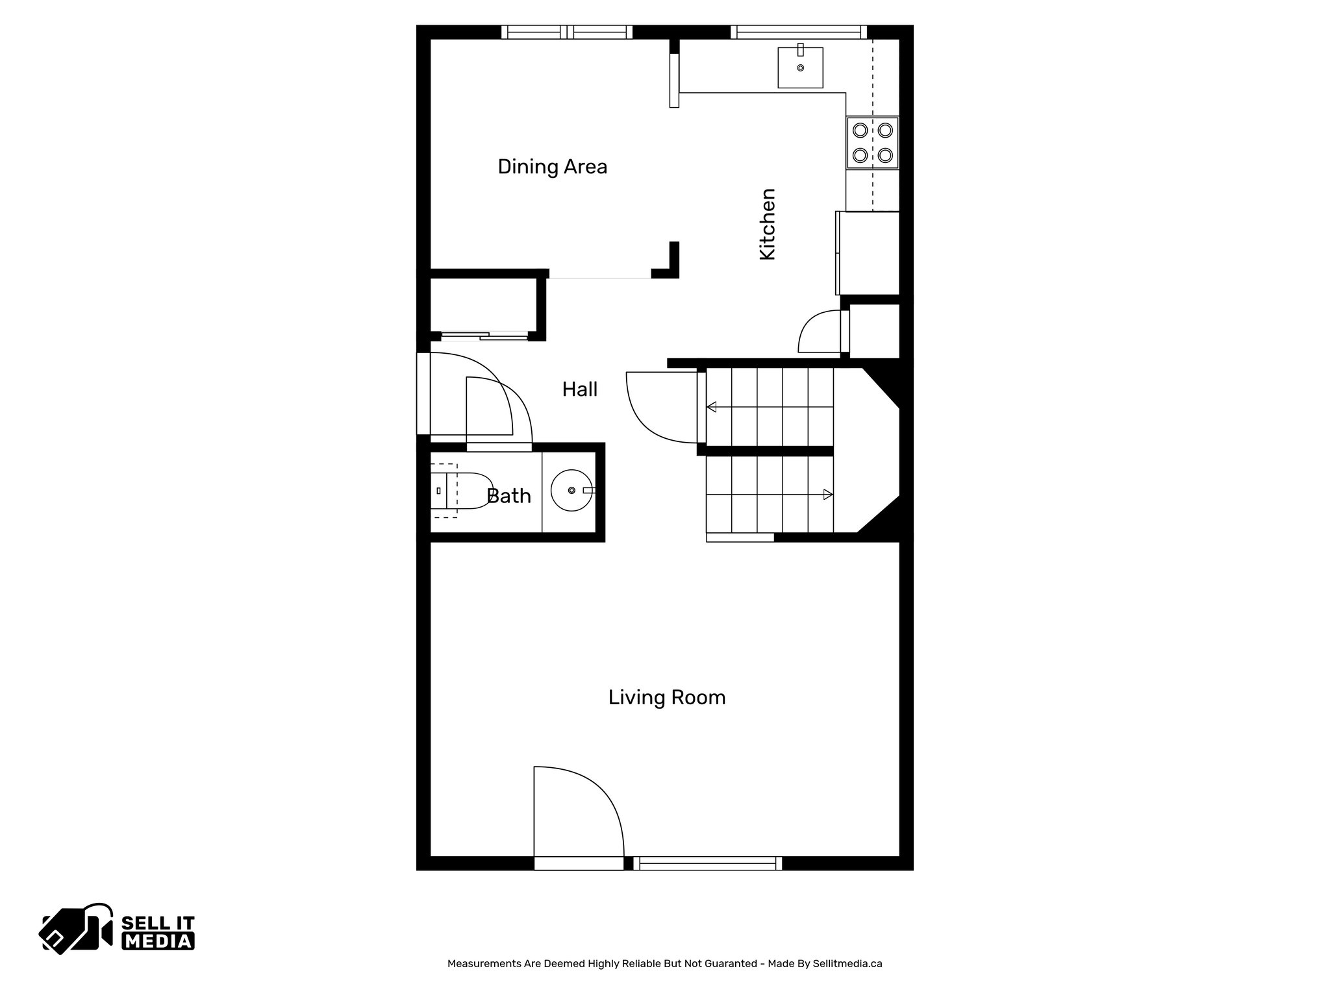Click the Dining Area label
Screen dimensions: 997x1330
552,167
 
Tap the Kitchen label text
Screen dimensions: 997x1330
768,224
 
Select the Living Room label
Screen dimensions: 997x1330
666,698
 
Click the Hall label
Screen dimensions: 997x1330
579,389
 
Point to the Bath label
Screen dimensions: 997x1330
508,497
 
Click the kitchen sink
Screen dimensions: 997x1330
800,68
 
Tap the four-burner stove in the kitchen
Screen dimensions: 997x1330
872,143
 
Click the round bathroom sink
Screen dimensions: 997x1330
571,490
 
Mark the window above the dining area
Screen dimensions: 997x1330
567,32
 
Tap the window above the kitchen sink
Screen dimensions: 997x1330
799,32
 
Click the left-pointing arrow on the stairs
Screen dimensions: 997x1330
712,407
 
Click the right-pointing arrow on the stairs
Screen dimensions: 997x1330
827,495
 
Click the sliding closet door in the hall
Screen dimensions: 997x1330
484,336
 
